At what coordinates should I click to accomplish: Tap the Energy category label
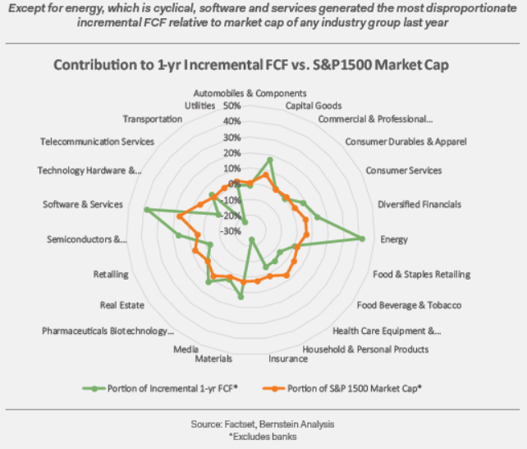click(394, 239)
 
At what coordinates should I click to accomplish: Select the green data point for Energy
click(362, 239)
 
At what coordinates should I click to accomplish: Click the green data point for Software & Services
click(146, 210)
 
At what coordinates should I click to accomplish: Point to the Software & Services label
click(83, 204)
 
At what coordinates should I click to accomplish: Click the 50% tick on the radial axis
click(231, 106)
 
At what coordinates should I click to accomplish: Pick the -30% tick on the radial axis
click(231, 231)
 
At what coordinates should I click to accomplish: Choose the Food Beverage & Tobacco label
click(409, 305)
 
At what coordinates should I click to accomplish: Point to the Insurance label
click(282, 359)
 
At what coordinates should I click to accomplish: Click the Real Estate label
click(122, 305)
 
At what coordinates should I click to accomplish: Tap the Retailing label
click(111, 274)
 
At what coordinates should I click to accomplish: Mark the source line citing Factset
click(263, 424)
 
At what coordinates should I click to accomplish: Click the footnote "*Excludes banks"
click(263, 436)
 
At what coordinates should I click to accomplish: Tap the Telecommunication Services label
click(97, 141)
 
